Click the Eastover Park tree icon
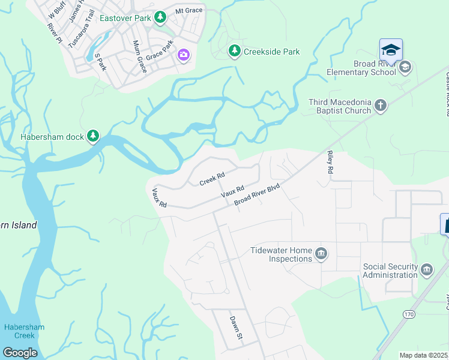[160, 17]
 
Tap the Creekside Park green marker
[234, 52]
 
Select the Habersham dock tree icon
[92, 137]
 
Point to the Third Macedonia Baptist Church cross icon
[380, 106]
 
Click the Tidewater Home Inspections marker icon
[321, 253]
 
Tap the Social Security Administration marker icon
[427, 269]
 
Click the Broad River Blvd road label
[258, 195]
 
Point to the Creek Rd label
[211, 178]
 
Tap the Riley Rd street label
[330, 162]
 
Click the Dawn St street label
[235, 327]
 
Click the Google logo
[19, 352]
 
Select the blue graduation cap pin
[391, 50]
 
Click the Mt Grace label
[188, 11]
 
